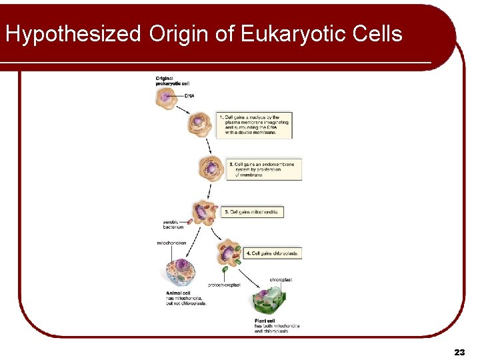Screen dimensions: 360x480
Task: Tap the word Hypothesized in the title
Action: [73, 33]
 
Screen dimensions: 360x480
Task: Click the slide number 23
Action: [459, 351]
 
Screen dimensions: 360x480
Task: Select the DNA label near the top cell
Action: [189, 96]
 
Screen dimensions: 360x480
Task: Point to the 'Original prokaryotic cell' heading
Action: [173, 81]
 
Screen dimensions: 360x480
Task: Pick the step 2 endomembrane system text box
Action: [264, 169]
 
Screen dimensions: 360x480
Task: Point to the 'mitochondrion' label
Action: [171, 243]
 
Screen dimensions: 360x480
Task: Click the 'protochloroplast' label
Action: [224, 285]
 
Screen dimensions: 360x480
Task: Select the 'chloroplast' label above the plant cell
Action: [281, 280]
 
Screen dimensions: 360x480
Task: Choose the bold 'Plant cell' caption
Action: [265, 321]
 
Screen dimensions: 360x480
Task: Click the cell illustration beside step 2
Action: [211, 168]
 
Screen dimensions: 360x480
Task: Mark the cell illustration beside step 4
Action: [230, 254]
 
